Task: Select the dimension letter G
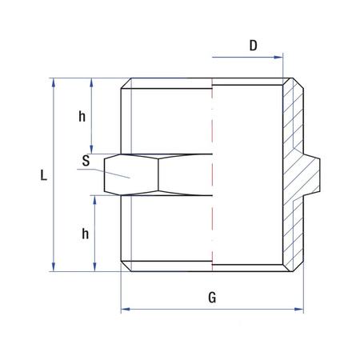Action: click(x=212, y=298)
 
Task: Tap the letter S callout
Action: click(x=85, y=160)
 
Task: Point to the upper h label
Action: click(x=82, y=117)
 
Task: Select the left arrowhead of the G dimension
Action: click(x=125, y=310)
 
